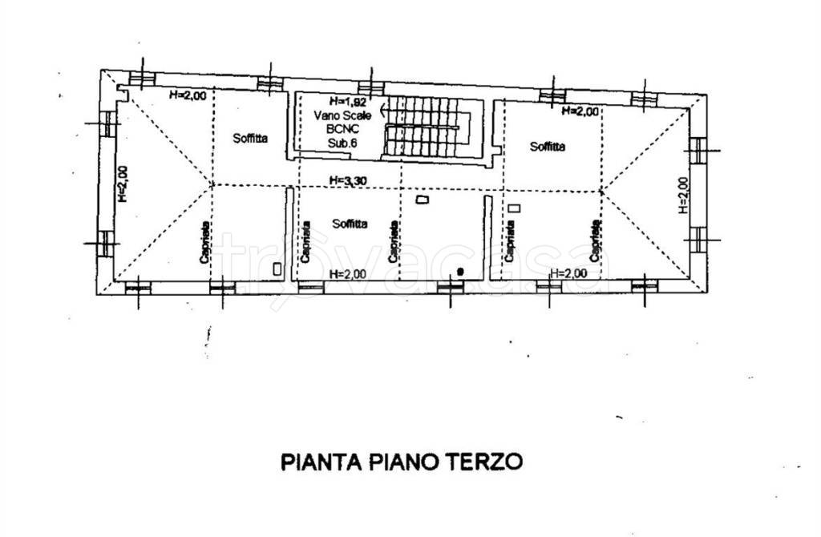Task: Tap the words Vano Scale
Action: [x=336, y=115]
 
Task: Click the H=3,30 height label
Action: [x=348, y=181]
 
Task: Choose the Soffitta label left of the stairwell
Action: [x=250, y=138]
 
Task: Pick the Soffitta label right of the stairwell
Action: [x=548, y=146]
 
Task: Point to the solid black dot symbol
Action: [x=460, y=272]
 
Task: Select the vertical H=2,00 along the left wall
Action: [x=122, y=184]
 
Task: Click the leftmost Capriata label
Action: [x=205, y=241]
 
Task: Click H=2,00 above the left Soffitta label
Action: [x=188, y=95]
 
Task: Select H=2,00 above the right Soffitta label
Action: [x=580, y=111]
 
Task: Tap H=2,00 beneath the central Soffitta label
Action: [x=348, y=274]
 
